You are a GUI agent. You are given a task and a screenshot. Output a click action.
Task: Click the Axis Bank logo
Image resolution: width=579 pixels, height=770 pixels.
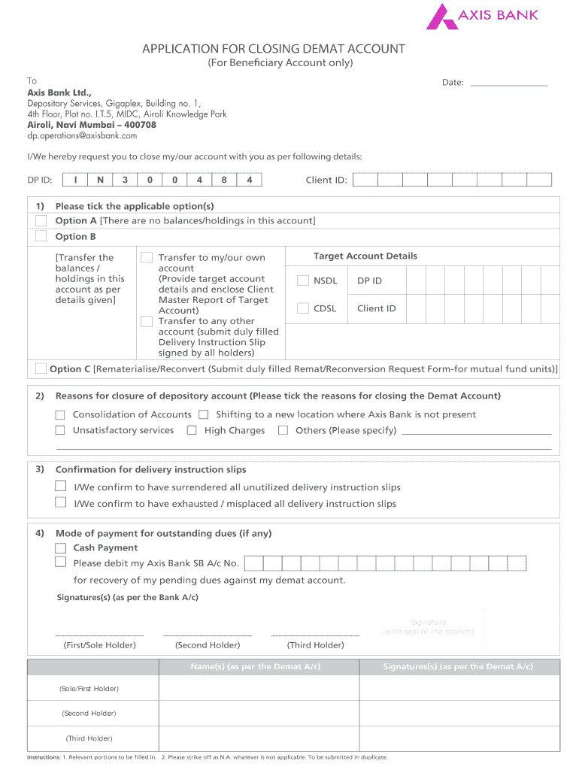482,16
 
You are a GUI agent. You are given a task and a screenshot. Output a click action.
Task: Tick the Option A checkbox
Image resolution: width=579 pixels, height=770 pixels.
41,220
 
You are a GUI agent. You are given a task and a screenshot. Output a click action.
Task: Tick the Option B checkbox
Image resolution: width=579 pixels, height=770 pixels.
41,236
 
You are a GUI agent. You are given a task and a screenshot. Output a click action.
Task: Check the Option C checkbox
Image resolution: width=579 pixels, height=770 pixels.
41,368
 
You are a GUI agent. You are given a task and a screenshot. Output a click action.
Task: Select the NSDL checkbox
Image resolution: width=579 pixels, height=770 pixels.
303,280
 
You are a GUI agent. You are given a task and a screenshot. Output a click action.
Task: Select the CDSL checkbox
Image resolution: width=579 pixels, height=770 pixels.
303,308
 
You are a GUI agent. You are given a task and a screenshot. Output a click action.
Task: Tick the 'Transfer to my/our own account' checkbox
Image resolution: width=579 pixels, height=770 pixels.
147,257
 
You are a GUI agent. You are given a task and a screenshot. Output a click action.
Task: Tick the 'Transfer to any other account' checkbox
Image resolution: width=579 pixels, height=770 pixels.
147,321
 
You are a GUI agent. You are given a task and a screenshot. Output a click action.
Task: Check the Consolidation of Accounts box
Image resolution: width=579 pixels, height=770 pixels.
60,414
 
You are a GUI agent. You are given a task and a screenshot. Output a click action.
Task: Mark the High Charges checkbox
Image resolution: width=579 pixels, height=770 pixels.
192,430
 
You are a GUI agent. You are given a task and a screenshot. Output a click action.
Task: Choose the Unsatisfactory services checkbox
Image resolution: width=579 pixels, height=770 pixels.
60,430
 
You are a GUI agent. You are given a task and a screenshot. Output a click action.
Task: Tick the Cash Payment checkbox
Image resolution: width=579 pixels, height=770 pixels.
60,547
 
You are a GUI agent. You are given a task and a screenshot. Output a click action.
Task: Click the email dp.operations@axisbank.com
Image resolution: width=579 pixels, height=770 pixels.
83,136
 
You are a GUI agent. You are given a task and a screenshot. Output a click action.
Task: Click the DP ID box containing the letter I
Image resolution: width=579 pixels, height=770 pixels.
75,180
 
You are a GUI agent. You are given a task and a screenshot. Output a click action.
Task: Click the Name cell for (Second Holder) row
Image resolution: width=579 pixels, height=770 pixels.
259,713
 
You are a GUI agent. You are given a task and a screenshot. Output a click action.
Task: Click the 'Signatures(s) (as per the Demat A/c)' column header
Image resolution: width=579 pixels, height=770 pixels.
457,667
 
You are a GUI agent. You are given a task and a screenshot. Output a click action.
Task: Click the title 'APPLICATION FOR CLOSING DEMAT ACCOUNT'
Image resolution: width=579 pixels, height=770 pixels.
274,49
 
